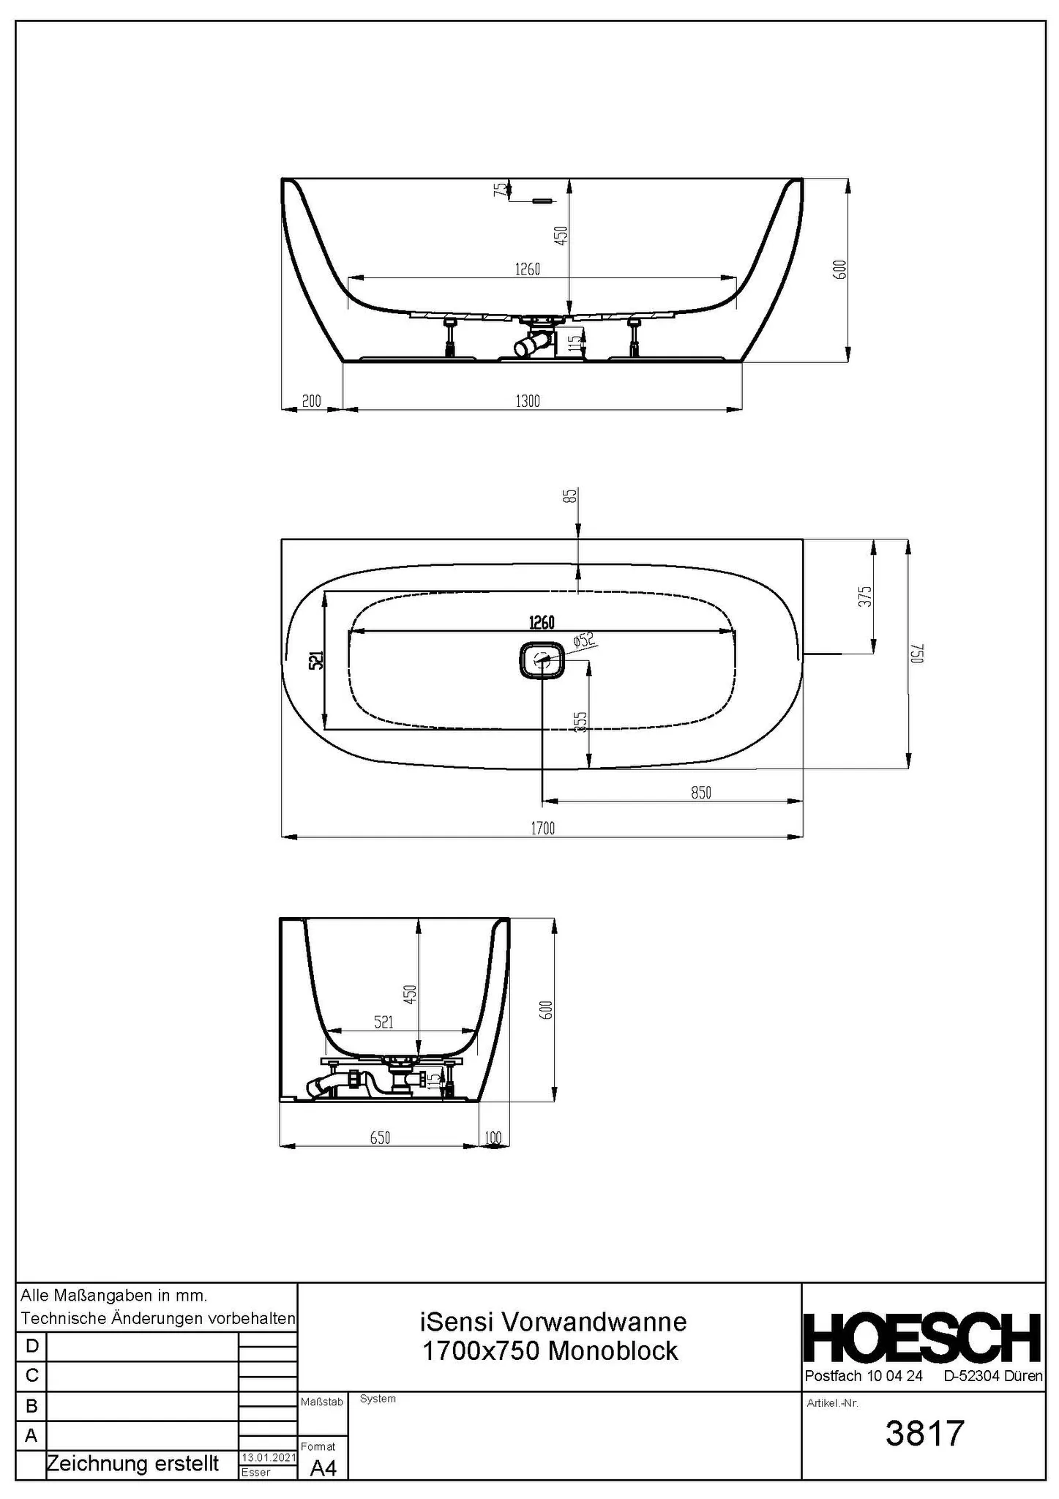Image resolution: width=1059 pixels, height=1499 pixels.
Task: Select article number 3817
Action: point(925,1434)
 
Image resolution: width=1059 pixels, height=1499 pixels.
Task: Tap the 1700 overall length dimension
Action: point(542,829)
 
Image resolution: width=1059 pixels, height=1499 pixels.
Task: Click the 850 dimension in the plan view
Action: point(700,793)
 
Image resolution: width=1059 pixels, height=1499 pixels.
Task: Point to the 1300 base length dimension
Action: point(528,401)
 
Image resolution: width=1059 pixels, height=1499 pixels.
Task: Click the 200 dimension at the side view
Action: point(312,401)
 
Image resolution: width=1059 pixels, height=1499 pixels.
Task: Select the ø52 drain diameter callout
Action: point(585,640)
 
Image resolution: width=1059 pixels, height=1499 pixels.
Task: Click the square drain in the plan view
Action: point(542,659)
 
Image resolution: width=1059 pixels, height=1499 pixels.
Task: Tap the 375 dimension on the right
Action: point(866,596)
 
